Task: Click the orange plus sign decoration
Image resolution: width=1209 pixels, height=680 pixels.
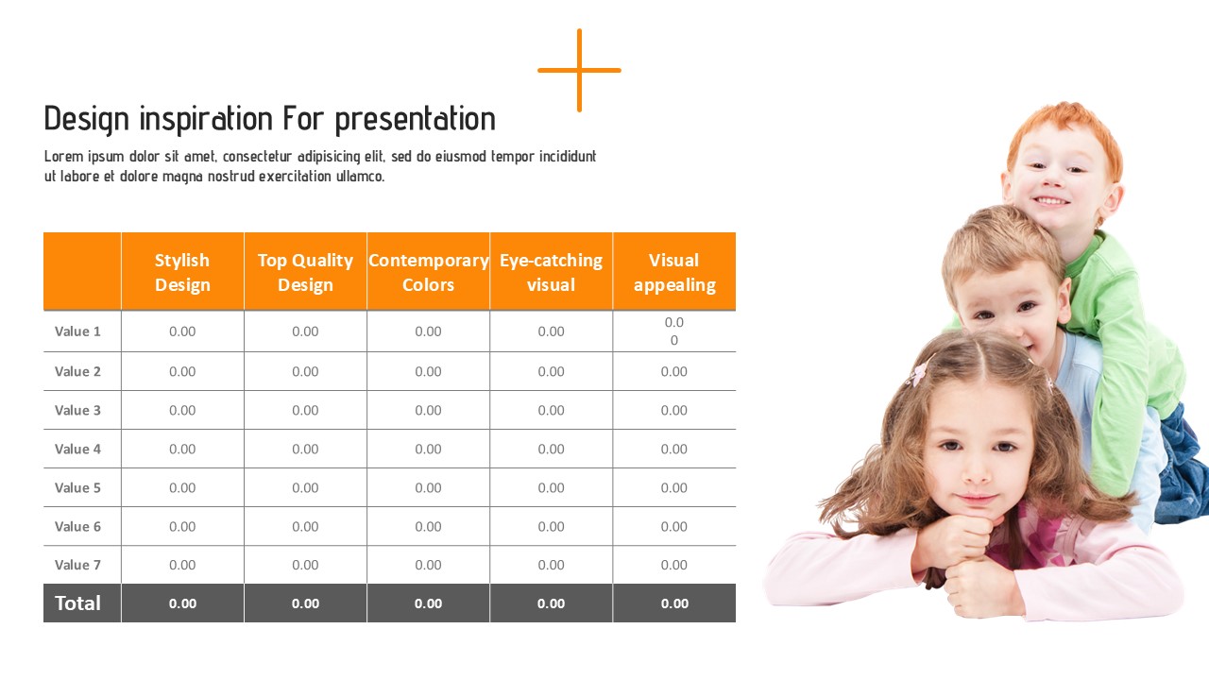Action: pos(579,70)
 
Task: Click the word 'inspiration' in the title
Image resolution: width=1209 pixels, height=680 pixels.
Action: pos(206,119)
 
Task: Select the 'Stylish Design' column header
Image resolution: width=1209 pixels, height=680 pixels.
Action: pos(182,272)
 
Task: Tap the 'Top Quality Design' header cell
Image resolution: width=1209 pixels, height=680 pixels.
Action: pos(305,272)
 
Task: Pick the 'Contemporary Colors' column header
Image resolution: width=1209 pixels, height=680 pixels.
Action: pos(429,272)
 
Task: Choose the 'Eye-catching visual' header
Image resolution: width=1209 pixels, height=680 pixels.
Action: pos(551,272)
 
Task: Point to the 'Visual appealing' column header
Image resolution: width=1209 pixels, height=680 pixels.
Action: pos(674,272)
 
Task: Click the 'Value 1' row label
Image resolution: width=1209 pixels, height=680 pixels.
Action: pos(77,331)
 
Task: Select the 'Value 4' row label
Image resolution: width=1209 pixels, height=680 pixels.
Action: pos(77,449)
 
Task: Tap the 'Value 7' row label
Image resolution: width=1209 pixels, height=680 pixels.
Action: pos(77,565)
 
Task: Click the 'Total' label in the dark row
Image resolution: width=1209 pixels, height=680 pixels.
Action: pos(77,603)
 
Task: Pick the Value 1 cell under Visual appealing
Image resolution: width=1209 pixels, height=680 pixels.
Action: pos(674,331)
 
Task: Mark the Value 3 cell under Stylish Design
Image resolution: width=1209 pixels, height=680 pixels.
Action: pos(182,411)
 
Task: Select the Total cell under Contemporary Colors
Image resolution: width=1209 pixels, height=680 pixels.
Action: pos(429,603)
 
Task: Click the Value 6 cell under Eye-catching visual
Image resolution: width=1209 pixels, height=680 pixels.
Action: pos(551,527)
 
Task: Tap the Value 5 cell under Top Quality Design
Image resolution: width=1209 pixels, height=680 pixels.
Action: pos(305,488)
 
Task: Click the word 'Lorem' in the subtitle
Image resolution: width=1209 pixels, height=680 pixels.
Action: pos(64,157)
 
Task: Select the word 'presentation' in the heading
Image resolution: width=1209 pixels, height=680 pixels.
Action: pos(415,120)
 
